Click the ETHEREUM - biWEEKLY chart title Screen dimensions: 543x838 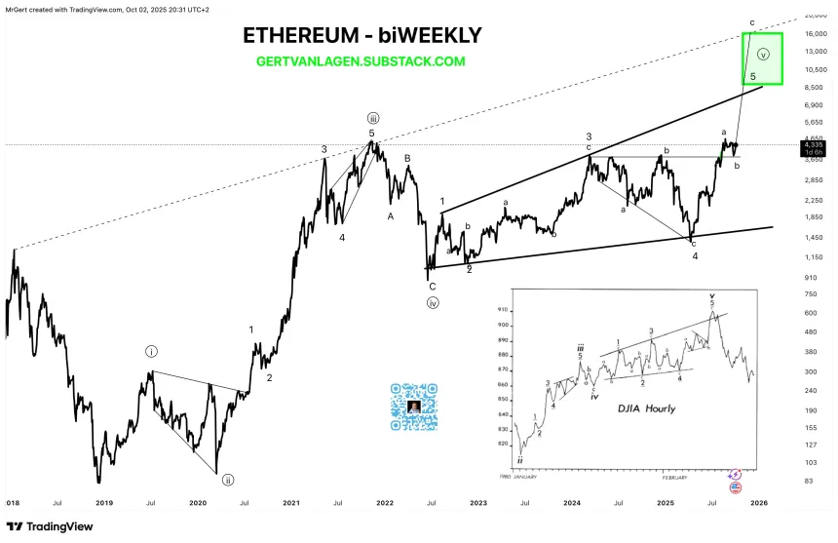click(x=362, y=36)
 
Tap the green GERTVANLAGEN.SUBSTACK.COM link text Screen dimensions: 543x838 click(x=360, y=61)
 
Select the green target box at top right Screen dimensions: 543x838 click(x=762, y=58)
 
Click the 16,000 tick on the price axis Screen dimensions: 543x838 click(x=814, y=33)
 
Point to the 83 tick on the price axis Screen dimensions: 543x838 click(x=808, y=481)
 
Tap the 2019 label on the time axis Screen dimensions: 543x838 click(x=104, y=504)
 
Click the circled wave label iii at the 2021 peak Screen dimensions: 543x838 click(x=372, y=118)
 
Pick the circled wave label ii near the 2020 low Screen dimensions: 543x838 click(x=228, y=480)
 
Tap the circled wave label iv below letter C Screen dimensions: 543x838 click(x=432, y=302)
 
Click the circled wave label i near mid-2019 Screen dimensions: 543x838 click(x=152, y=350)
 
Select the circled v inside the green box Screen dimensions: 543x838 click(x=763, y=54)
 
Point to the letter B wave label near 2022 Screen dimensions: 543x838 click(x=408, y=158)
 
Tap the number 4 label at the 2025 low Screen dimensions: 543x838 click(x=695, y=255)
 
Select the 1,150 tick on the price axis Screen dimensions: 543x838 click(x=814, y=256)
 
